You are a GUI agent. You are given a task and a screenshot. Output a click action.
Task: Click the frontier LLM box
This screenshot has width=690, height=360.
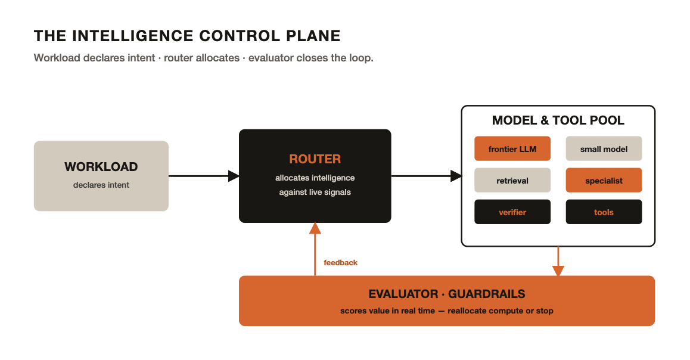pyautogui.click(x=512, y=149)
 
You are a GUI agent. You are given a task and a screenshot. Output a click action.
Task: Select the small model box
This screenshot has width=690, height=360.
pyautogui.click(x=604, y=149)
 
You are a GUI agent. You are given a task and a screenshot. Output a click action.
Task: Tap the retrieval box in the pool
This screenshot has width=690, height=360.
pyautogui.click(x=512, y=181)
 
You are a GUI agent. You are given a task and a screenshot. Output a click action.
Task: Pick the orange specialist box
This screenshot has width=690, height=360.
pyautogui.click(x=604, y=181)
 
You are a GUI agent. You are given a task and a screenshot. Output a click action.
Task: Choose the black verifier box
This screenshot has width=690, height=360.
pyautogui.click(x=512, y=212)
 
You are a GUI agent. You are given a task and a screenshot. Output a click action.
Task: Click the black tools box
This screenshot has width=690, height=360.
pyautogui.click(x=604, y=212)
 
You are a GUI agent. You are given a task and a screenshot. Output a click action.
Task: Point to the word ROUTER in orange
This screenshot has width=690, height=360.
pyautogui.click(x=315, y=159)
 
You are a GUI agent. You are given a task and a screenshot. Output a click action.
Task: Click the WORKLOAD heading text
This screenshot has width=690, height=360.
pyautogui.click(x=101, y=167)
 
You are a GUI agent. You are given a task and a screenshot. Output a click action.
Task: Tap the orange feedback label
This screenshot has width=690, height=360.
pyautogui.click(x=341, y=263)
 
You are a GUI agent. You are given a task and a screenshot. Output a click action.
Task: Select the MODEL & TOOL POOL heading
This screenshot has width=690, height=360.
pyautogui.click(x=558, y=120)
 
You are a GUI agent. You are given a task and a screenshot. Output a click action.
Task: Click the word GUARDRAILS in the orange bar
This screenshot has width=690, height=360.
pyautogui.click(x=487, y=294)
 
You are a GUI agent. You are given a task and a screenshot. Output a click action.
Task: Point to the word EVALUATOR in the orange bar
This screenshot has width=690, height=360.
pyautogui.click(x=403, y=294)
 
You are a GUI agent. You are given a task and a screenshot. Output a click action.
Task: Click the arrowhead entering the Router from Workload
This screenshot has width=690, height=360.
pyautogui.click(x=234, y=176)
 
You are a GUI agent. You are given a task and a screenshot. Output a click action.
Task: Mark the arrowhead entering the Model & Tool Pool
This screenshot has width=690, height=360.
pyautogui.click(x=456, y=176)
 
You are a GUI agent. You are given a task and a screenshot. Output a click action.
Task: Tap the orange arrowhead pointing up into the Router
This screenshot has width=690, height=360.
pyautogui.click(x=315, y=228)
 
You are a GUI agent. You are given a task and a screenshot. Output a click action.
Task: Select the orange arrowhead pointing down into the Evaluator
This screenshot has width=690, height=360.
pyautogui.click(x=558, y=271)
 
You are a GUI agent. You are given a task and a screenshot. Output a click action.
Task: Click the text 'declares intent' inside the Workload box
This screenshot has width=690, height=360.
pyautogui.click(x=101, y=185)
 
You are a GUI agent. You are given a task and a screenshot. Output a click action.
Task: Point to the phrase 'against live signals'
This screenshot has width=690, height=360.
pyautogui.click(x=315, y=193)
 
